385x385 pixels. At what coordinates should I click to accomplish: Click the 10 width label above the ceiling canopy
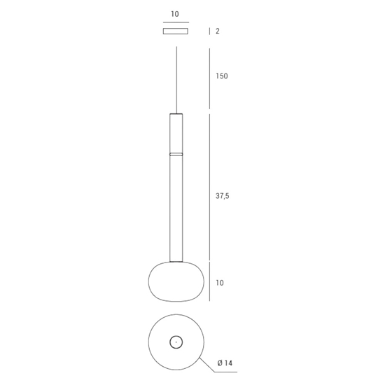point(175,13)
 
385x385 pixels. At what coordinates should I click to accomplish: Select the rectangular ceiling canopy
point(176,31)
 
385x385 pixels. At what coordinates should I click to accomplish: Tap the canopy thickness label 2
point(218,31)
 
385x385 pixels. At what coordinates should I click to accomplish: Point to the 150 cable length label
point(222,76)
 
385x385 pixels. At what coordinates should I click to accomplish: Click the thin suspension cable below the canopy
point(176,77)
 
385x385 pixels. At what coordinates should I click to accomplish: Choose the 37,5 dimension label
point(223,197)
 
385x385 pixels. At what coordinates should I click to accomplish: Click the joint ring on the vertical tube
point(176,153)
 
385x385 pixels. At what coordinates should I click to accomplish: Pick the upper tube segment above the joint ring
point(176,133)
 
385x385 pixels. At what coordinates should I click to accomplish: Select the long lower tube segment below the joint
point(176,206)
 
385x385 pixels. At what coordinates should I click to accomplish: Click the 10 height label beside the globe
point(220,283)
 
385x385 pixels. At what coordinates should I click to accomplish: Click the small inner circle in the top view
point(176,342)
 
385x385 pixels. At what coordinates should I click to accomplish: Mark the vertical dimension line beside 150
point(210,77)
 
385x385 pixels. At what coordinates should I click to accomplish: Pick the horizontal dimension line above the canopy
point(176,22)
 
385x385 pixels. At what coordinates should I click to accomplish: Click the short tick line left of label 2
point(210,31)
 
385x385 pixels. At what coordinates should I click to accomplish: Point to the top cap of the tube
point(176,113)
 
